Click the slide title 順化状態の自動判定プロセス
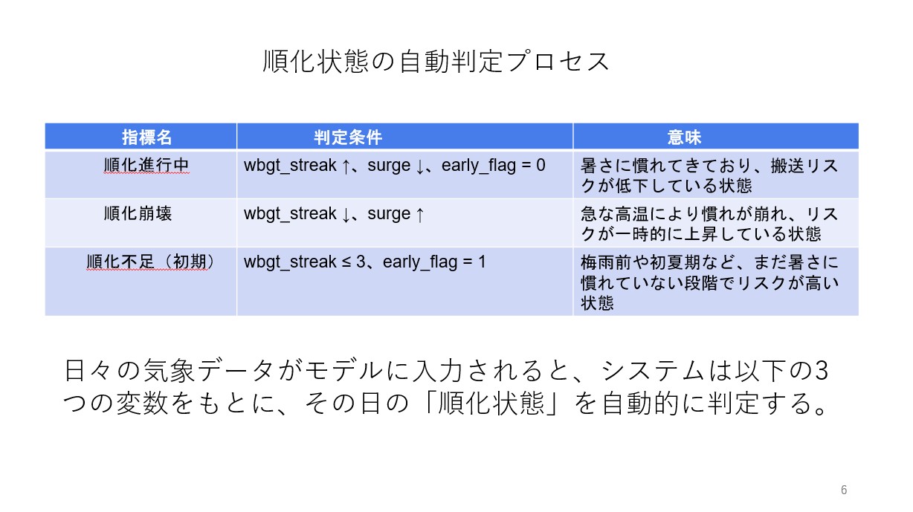coord(436,62)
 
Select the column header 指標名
coord(147,137)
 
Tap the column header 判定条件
coord(348,137)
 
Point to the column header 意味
coord(684,137)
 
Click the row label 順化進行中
coord(146,166)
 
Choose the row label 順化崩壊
coord(138,213)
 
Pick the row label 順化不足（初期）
coord(150,262)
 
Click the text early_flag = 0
coord(493,166)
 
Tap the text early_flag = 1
coord(434,262)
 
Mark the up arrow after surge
coord(420,214)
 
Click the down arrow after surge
coord(420,166)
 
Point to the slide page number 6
coord(844,490)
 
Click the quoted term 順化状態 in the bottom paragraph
coord(491,404)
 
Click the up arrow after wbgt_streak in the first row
coord(346,166)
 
